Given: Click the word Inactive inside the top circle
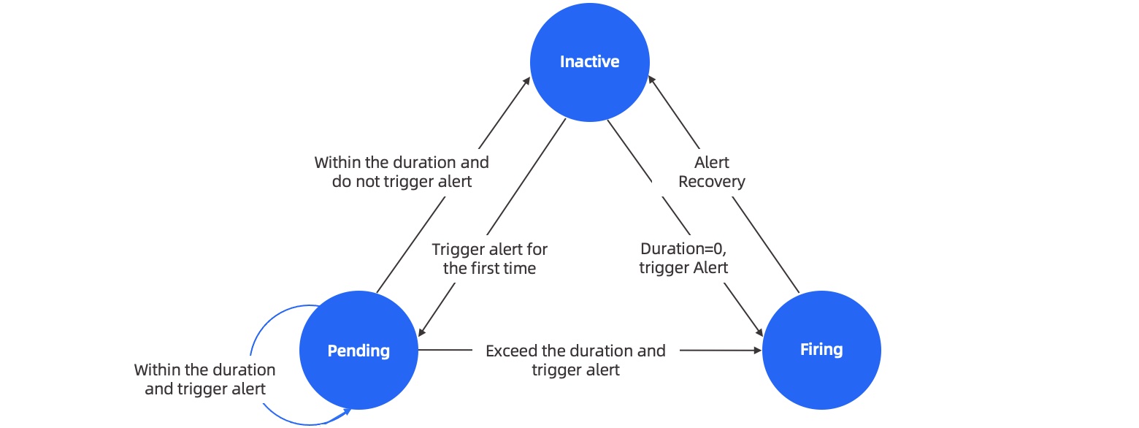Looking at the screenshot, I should pos(589,62).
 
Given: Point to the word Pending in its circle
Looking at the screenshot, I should pos(358,351).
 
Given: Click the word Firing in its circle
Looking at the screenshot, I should pos(821,350).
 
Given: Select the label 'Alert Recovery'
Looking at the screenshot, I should pos(711,172).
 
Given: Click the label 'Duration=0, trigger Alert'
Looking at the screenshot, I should pos(683,259).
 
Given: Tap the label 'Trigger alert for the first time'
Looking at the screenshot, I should pos(489,259).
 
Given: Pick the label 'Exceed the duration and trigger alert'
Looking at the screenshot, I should pos(575,360).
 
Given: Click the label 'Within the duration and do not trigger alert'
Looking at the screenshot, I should pos(402,172).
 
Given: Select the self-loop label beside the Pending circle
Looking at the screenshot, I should pos(204,379).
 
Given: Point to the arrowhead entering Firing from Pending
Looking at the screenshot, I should pos(758,351).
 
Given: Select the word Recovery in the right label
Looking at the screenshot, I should pos(711,181).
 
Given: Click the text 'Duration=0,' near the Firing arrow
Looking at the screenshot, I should pos(683,249).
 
